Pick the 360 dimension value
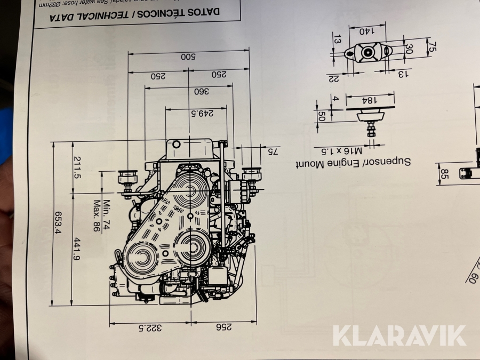point(202,92)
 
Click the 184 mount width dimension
point(370,99)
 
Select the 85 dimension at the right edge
point(444,174)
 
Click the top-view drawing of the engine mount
point(368,52)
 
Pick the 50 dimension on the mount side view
point(322,116)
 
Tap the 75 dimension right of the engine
point(272,151)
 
